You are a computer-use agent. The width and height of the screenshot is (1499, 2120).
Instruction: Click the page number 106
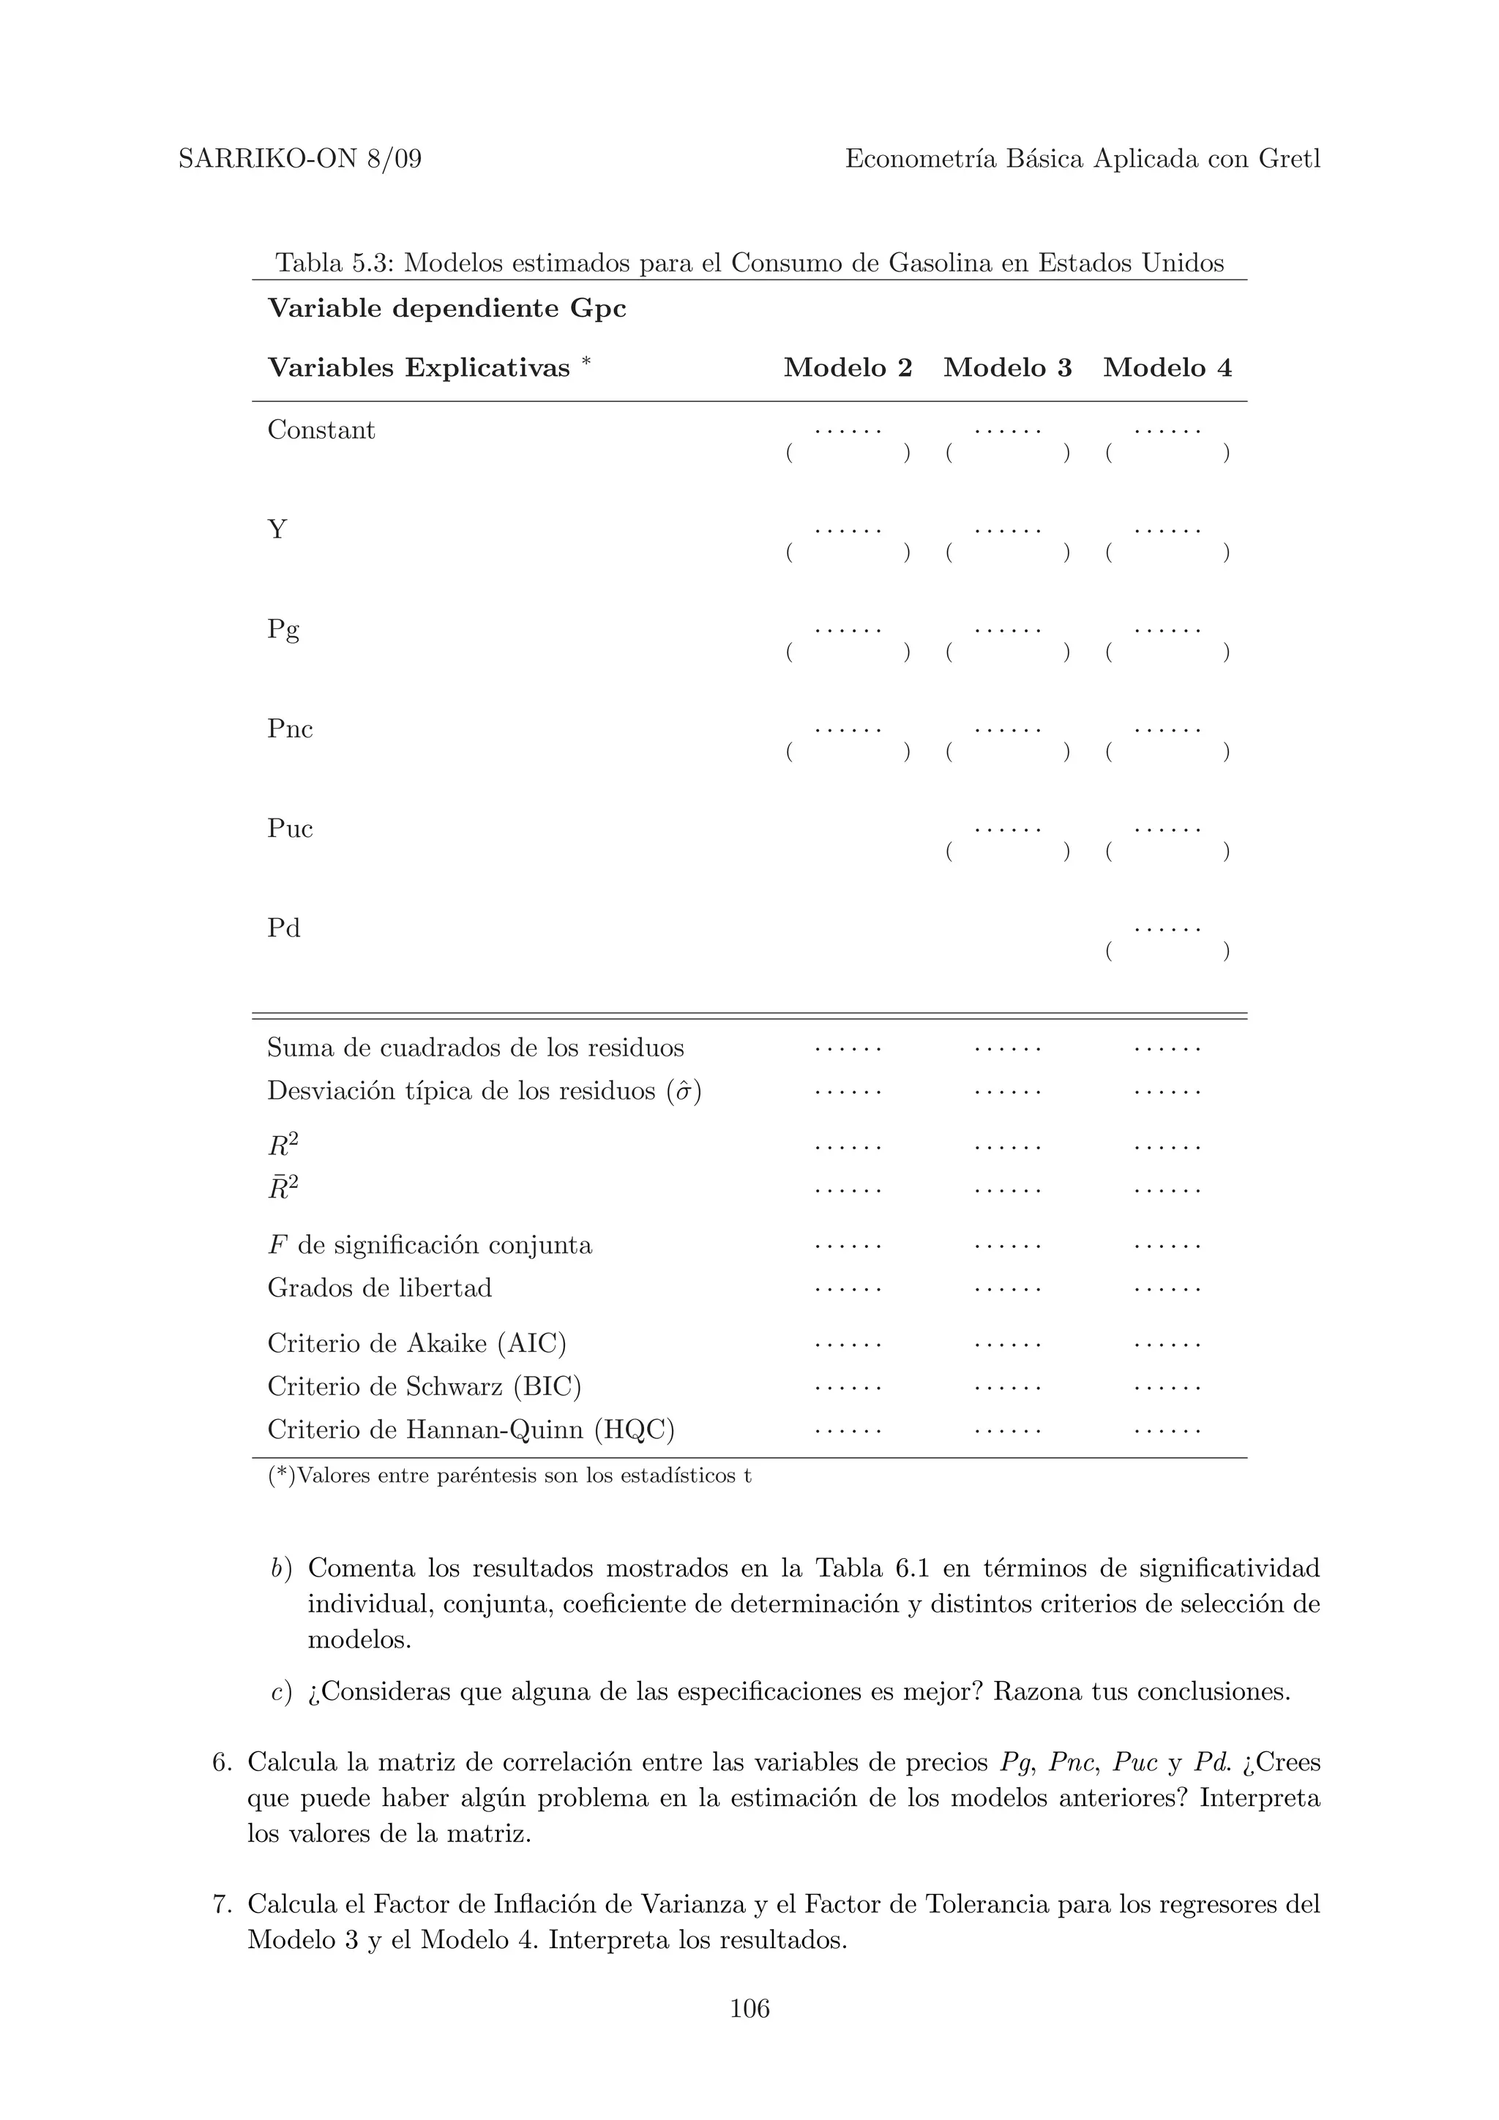(749, 2007)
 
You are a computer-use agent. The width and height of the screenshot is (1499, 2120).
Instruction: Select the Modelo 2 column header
(847, 367)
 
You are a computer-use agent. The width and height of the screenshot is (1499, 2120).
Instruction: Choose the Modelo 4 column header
(1167, 367)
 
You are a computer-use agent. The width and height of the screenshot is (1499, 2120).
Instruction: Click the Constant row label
(321, 430)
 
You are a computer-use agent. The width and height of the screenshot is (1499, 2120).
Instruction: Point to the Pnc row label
(289, 729)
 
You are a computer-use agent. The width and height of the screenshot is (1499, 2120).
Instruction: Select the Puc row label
(289, 829)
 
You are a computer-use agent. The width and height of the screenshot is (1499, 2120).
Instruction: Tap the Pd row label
(283, 928)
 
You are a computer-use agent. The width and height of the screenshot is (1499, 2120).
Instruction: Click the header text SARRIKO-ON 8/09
(299, 159)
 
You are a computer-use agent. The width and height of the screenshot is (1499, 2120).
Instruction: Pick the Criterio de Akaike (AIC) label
(416, 1342)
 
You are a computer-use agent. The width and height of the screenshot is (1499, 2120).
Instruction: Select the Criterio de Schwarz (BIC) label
(424, 1386)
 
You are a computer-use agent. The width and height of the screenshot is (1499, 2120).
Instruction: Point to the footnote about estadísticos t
(509, 1476)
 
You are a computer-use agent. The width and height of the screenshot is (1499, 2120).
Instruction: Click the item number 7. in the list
(222, 1904)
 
